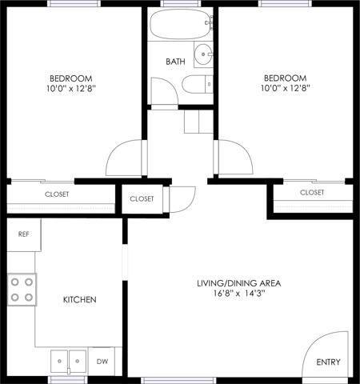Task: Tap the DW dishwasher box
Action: point(101,361)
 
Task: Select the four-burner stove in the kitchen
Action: point(22,289)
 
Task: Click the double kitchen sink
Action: point(69,360)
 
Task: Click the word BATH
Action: point(176,62)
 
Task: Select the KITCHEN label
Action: point(80,299)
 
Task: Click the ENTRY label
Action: point(328,362)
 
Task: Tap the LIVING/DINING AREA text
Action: point(239,283)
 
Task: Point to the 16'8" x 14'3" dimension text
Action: point(239,294)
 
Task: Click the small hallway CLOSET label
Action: point(142,198)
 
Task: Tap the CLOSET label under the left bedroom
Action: point(56,194)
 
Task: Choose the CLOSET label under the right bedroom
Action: point(312,193)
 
